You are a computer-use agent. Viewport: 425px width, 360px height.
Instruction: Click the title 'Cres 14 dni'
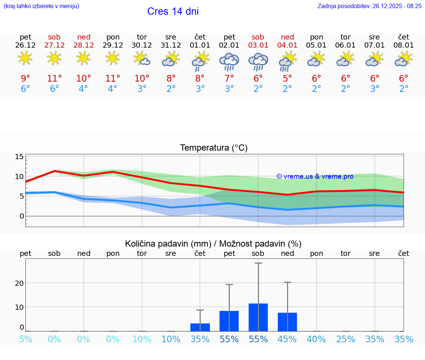[173, 11]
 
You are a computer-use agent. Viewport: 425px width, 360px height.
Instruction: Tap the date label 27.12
[54, 45]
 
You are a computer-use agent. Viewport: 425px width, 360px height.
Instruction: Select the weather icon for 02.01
[229, 62]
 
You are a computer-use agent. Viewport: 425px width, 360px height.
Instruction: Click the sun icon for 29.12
[113, 58]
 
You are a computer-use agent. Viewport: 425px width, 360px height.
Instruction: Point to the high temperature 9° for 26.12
[25, 78]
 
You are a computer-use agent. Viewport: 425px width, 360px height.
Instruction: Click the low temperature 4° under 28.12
[83, 89]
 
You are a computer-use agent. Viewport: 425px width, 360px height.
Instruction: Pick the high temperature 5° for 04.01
[287, 78]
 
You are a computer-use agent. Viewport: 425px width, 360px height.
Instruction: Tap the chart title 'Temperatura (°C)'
[214, 148]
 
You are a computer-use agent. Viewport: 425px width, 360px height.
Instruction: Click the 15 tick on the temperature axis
[19, 157]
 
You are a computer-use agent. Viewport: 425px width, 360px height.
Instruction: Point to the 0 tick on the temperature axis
[21, 216]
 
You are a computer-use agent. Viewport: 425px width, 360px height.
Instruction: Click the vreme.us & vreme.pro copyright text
[315, 176]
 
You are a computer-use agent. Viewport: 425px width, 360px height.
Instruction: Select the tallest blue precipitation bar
[258, 317]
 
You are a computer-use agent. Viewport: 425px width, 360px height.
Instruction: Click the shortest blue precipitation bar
[200, 327]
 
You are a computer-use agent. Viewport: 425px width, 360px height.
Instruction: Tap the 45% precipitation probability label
[287, 339]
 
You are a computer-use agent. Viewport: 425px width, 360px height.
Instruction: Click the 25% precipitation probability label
[345, 339]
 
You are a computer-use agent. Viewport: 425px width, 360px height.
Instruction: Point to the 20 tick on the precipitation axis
[19, 283]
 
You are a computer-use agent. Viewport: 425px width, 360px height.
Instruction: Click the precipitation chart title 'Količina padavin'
[213, 244]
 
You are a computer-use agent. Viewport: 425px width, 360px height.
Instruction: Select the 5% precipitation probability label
[25, 339]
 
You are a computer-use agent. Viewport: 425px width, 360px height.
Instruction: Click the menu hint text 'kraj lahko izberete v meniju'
[41, 6]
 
